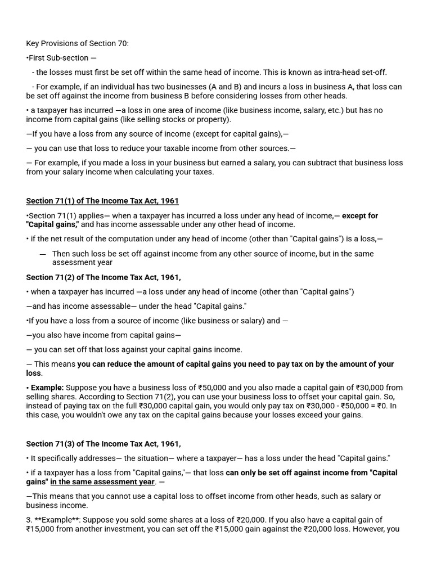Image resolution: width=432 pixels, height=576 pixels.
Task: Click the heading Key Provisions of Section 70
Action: (x=77, y=43)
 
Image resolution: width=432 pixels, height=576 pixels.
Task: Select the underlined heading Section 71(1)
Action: (x=102, y=201)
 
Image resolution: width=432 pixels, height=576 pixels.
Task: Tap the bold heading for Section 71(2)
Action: (x=103, y=277)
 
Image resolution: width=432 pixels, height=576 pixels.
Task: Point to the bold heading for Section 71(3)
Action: (x=103, y=444)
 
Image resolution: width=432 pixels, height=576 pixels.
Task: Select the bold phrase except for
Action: (x=360, y=215)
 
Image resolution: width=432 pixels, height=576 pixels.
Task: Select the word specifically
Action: (x=58, y=458)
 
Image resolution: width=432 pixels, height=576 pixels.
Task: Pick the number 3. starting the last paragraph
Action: (x=29, y=520)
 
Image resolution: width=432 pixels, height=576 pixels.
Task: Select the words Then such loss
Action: (x=76, y=254)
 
